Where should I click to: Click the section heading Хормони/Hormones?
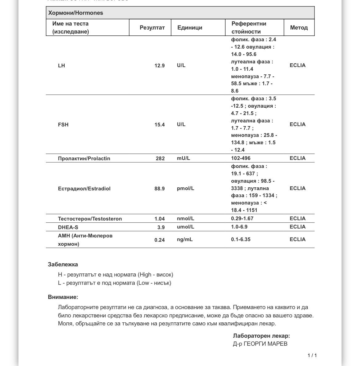pos(76,13)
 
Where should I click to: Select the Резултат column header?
pos(152,28)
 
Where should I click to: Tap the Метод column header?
pos(299,28)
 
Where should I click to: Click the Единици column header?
pos(190,28)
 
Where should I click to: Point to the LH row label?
pos(62,66)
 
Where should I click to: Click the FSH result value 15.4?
pos(159,125)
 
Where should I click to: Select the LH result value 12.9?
pos(159,66)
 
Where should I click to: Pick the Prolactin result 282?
pos(160,158)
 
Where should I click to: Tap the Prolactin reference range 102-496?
pos(241,158)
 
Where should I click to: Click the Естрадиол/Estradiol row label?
pos(84,189)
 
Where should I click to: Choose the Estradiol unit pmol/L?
pos(186,188)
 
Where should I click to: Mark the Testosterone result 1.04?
pos(159,219)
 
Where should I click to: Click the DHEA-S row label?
pos(68,227)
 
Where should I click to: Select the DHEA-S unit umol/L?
pos(186,227)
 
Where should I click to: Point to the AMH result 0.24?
pos(159,240)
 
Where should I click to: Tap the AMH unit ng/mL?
pos(185,239)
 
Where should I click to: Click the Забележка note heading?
pos(63,265)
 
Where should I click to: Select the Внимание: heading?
pos(63,297)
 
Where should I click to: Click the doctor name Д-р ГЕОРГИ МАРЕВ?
pos(260,344)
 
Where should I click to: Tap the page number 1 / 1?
pos(312,356)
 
